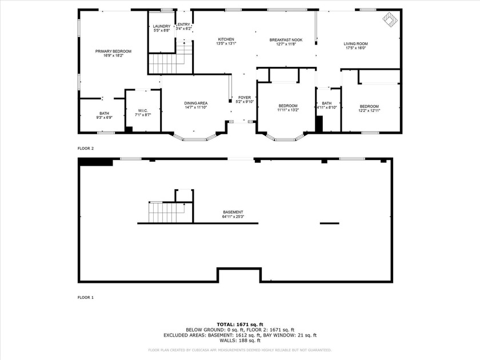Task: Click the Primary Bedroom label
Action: click(x=113, y=51)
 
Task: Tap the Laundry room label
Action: click(x=162, y=26)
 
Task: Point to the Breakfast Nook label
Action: click(x=286, y=40)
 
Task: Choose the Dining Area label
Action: click(x=195, y=103)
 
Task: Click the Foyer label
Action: click(x=245, y=98)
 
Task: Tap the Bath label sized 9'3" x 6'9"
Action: click(x=104, y=113)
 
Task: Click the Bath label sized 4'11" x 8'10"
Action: click(x=327, y=103)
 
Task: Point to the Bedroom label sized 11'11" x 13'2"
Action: click(x=288, y=106)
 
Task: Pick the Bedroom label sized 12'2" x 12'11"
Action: click(x=369, y=106)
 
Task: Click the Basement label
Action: click(x=233, y=212)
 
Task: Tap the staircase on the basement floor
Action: click(x=166, y=213)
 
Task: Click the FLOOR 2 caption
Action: click(x=85, y=148)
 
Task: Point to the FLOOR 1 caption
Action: click(x=85, y=298)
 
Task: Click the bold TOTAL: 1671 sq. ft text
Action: click(x=240, y=324)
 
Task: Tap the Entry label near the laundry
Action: click(x=184, y=25)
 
